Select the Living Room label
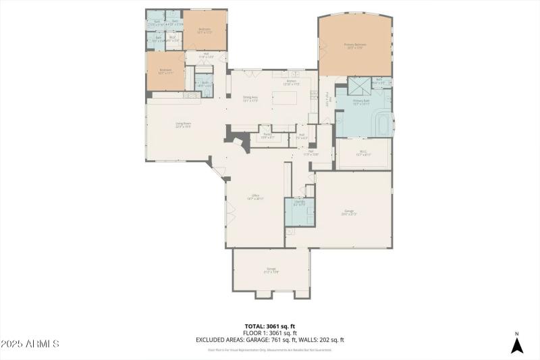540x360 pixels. [184, 124]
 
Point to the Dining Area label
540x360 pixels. [251, 99]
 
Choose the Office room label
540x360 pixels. [255, 197]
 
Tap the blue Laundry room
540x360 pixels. [299, 211]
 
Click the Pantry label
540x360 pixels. [267, 136]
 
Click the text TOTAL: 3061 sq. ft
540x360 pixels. [270, 326]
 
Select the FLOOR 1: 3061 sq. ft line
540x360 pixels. [270, 333]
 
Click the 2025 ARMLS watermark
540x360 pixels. [30, 344]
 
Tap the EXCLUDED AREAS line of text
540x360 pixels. [270, 340]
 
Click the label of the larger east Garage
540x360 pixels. [349, 212]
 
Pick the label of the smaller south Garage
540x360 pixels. [271, 270]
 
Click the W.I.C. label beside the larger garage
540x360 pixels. [363, 153]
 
